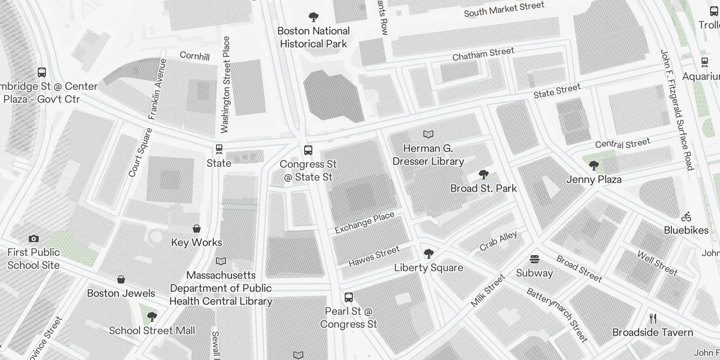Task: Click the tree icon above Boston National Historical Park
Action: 314,18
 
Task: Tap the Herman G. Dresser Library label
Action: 428,155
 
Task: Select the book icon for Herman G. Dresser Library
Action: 428,134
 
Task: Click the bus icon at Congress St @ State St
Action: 308,150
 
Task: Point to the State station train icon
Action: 219,149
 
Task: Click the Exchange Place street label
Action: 364,223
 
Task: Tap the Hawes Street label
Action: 374,256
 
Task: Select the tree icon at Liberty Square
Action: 429,254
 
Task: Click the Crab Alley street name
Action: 498,241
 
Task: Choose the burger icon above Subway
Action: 535,259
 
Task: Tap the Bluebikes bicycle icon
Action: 686,216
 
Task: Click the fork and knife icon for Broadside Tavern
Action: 653,319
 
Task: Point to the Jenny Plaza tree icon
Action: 594,166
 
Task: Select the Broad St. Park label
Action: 483,188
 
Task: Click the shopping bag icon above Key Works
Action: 197,229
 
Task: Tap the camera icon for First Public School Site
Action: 34,238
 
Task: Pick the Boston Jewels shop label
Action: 121,293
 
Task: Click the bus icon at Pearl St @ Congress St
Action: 349,297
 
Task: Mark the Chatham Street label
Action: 483,54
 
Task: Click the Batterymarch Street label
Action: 557,315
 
